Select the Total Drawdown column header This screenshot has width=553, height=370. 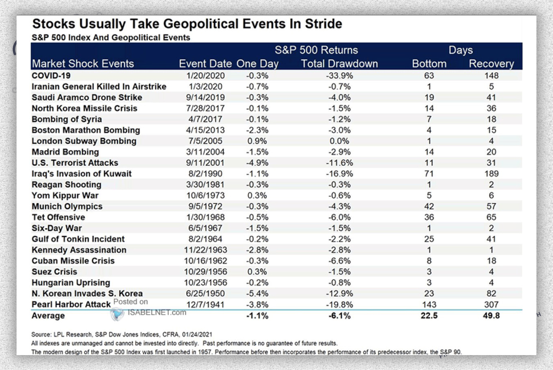(x=339, y=64)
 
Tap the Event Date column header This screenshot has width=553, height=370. (x=205, y=64)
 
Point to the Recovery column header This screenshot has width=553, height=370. (x=491, y=64)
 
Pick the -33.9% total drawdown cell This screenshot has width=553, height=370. (x=339, y=76)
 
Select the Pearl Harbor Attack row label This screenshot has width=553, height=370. (x=71, y=305)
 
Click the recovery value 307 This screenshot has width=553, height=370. (x=491, y=304)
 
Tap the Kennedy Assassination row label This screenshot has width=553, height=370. (x=79, y=250)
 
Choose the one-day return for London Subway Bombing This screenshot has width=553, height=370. (x=258, y=141)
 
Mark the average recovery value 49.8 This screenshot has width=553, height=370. (x=491, y=316)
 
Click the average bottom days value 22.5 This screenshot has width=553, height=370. (x=429, y=316)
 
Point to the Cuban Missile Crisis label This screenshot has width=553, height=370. (x=73, y=261)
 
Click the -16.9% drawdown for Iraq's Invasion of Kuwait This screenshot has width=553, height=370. (x=339, y=174)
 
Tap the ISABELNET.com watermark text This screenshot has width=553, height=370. (x=157, y=312)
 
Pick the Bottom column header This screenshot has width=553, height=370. (x=429, y=64)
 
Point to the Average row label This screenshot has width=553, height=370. (x=48, y=316)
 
